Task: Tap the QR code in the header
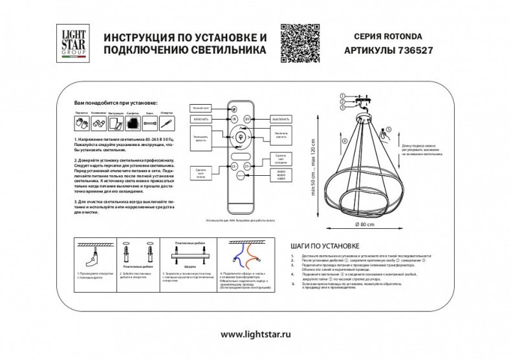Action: coord(304,40)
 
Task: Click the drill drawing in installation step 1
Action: coord(94,259)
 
